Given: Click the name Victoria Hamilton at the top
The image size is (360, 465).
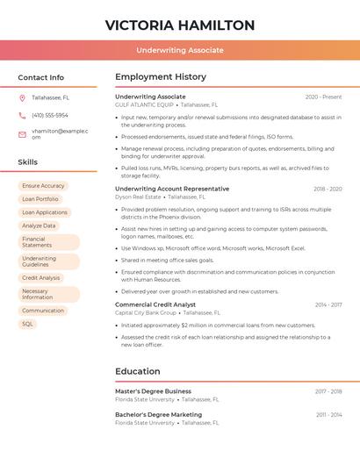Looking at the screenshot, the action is point(180,25).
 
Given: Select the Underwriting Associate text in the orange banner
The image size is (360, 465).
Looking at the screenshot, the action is point(180,50).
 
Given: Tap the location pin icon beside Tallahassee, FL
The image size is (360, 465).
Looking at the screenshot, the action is point(22,97).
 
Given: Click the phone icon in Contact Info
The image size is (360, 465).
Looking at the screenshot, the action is point(22,115).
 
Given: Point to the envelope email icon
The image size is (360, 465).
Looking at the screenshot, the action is point(22,133).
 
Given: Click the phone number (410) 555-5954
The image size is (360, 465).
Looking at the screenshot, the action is point(50,115).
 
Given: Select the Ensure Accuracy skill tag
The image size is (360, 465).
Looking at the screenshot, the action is point(43,186).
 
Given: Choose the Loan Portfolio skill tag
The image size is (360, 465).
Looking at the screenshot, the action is point(40,199).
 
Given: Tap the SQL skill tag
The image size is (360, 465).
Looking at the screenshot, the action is point(27,324).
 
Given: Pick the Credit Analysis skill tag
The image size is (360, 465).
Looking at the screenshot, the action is point(41,278).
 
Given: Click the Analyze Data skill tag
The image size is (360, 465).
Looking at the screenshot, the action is point(39,225).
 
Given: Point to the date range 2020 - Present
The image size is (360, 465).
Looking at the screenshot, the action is point(323,97).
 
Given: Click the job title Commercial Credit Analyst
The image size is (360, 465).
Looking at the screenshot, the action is point(155,304).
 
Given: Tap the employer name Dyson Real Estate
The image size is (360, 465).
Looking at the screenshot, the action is point(139,197).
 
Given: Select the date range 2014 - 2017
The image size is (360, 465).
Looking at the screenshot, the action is point(328,304).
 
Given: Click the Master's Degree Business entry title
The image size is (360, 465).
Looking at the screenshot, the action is point(153,391).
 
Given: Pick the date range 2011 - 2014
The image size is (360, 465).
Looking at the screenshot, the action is point(329,414).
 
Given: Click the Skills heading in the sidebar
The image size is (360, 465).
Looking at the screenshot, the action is point(27,162).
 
